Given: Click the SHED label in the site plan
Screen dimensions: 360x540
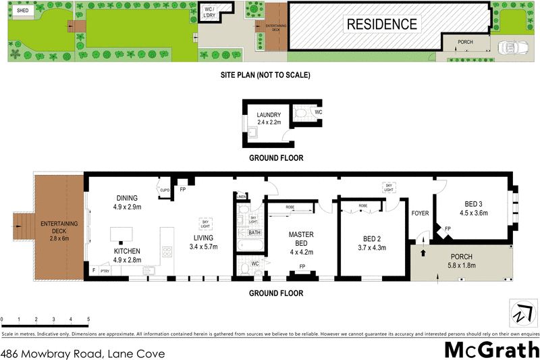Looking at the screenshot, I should pyautogui.click(x=22, y=11).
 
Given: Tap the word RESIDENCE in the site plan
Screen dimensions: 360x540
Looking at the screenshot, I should pyautogui.click(x=381, y=25).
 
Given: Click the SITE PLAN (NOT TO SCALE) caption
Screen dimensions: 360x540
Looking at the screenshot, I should pyautogui.click(x=265, y=75).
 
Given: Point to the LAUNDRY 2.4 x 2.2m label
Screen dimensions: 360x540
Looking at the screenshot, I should pyautogui.click(x=269, y=120).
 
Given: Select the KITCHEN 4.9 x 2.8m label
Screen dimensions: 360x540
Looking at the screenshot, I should pyautogui.click(x=127, y=255).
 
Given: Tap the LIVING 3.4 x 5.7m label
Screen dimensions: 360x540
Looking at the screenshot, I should pyautogui.click(x=202, y=242).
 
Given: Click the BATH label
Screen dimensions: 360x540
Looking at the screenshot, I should pyautogui.click(x=254, y=232).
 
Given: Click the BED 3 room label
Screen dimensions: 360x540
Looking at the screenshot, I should pyautogui.click(x=473, y=208).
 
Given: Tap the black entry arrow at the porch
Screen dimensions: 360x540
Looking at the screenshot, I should pyautogui.click(x=424, y=254).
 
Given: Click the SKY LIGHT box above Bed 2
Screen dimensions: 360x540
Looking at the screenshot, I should pyautogui.click(x=388, y=186).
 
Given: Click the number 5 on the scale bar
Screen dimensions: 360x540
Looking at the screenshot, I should pyautogui.click(x=88, y=319).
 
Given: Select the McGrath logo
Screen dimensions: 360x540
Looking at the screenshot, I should pyautogui.click(x=491, y=349).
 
